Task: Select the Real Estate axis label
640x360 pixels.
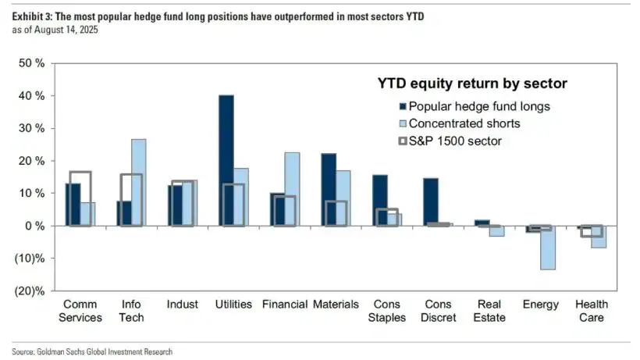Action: click(x=489, y=311)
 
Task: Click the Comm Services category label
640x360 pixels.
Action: click(x=82, y=311)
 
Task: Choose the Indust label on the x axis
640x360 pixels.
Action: click(x=182, y=305)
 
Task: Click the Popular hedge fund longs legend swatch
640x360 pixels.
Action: click(x=403, y=107)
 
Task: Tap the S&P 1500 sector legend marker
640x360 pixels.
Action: click(x=403, y=141)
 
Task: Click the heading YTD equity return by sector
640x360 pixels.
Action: click(x=472, y=83)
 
